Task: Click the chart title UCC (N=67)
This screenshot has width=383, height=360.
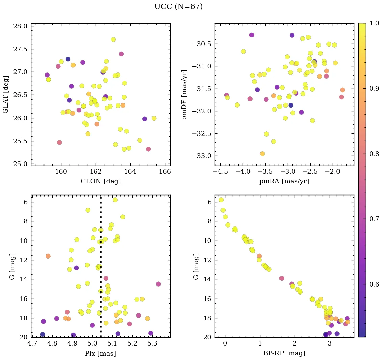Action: [x=178, y=7]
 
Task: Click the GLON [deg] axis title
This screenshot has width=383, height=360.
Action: [x=100, y=181]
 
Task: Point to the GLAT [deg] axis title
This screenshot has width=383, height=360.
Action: [x=6, y=94]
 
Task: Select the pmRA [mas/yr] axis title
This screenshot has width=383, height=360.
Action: [x=284, y=181]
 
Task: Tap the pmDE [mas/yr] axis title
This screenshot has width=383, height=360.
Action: [x=185, y=94]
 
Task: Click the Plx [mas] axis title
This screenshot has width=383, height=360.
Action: [x=100, y=353]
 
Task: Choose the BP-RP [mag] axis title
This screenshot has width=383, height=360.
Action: [x=284, y=353]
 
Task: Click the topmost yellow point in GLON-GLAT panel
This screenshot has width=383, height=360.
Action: [x=113, y=39]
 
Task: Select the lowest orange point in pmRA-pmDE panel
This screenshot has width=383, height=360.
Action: [x=262, y=154]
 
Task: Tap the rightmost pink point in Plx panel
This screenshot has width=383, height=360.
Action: [x=158, y=284]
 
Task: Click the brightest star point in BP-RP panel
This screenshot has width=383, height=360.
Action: [x=221, y=200]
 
